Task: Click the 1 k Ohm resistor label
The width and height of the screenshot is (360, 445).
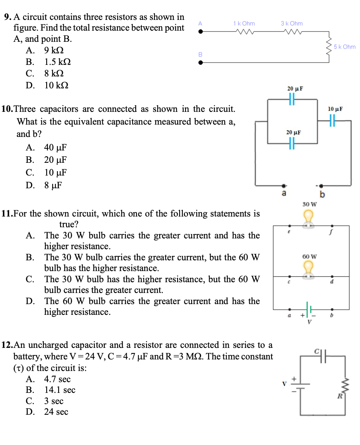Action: point(244,23)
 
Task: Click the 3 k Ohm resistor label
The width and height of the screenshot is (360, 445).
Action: point(292,23)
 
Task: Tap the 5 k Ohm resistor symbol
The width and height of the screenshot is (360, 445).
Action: point(329,47)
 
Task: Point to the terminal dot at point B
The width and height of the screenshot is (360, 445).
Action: point(201,62)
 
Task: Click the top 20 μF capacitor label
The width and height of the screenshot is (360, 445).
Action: point(295,88)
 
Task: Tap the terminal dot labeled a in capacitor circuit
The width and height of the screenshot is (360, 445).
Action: point(284,185)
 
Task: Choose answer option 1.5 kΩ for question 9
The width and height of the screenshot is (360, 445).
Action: point(57,62)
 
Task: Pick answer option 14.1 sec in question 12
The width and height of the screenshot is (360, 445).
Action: point(59,390)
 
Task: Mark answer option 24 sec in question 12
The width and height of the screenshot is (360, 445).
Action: point(56,412)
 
